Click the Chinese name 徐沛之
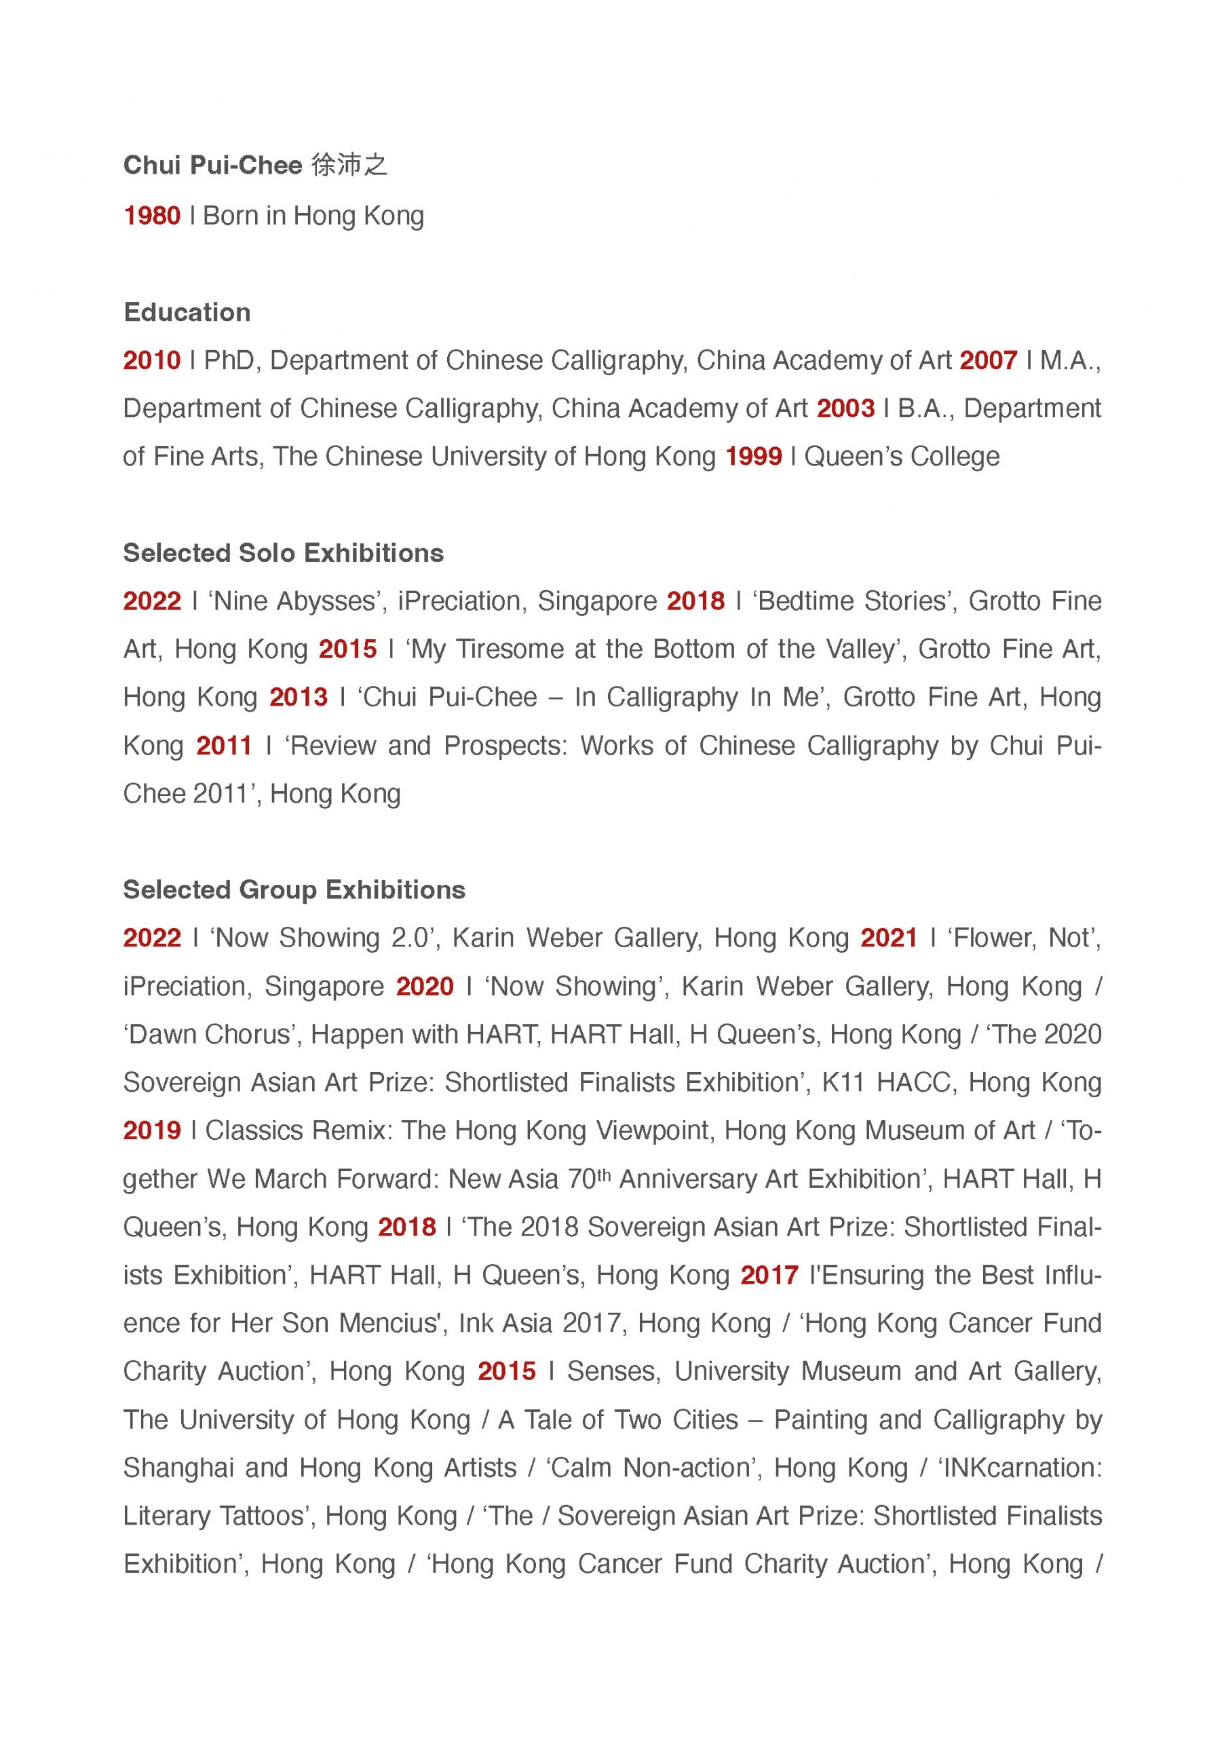(x=349, y=165)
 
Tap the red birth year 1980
(x=152, y=216)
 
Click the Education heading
(x=187, y=311)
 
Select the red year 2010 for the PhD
(x=152, y=360)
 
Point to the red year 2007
(x=988, y=360)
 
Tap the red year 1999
(x=753, y=456)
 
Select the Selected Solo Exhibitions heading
(x=283, y=552)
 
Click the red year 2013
(x=299, y=697)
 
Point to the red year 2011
(x=224, y=745)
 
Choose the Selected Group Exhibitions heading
(x=294, y=889)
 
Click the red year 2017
(x=769, y=1275)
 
